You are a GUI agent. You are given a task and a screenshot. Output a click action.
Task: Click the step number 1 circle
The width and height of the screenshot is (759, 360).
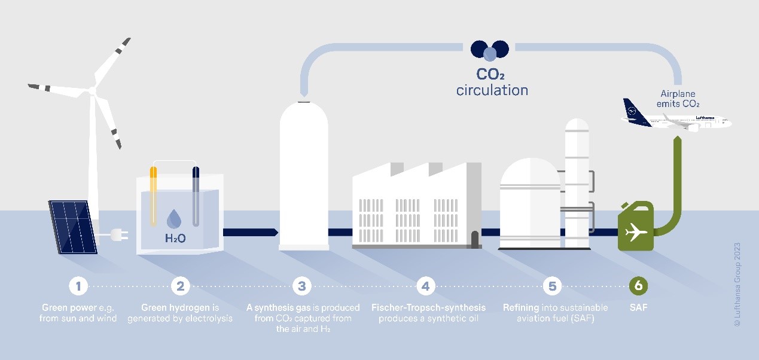78,286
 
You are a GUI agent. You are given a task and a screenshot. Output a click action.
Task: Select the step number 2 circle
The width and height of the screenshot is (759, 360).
180,286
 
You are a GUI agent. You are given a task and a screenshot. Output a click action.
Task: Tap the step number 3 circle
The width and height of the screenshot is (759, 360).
302,286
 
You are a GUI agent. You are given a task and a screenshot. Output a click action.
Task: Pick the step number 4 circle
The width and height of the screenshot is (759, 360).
426,286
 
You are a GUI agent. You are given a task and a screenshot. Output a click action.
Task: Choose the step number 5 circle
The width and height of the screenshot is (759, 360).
552,286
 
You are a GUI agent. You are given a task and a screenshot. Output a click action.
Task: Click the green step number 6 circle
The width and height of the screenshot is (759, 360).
638,286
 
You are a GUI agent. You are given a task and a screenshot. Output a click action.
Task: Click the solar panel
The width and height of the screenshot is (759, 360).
73,227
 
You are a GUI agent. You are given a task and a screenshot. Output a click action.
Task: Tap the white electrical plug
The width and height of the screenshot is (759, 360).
120,234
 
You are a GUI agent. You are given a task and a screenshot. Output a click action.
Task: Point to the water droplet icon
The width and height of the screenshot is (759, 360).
174,218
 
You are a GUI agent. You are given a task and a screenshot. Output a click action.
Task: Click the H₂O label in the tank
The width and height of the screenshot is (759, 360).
175,239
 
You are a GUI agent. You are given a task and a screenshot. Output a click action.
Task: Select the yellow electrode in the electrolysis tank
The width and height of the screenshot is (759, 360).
154,196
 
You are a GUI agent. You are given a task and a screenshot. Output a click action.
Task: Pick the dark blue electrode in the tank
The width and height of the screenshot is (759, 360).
196,196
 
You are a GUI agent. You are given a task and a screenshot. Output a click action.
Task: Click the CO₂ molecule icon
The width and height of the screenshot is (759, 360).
490,51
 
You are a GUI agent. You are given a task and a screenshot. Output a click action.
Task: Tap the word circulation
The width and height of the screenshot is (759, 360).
492,90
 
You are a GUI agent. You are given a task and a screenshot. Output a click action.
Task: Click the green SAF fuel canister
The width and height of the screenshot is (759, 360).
636,226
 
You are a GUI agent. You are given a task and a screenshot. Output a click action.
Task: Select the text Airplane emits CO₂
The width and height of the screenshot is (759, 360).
678,99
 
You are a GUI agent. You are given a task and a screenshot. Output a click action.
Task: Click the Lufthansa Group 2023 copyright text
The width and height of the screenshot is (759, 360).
737,285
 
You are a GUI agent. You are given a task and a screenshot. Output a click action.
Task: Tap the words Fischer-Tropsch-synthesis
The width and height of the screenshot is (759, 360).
428,307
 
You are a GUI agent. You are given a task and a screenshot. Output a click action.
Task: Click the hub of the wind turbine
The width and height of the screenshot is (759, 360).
92,90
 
